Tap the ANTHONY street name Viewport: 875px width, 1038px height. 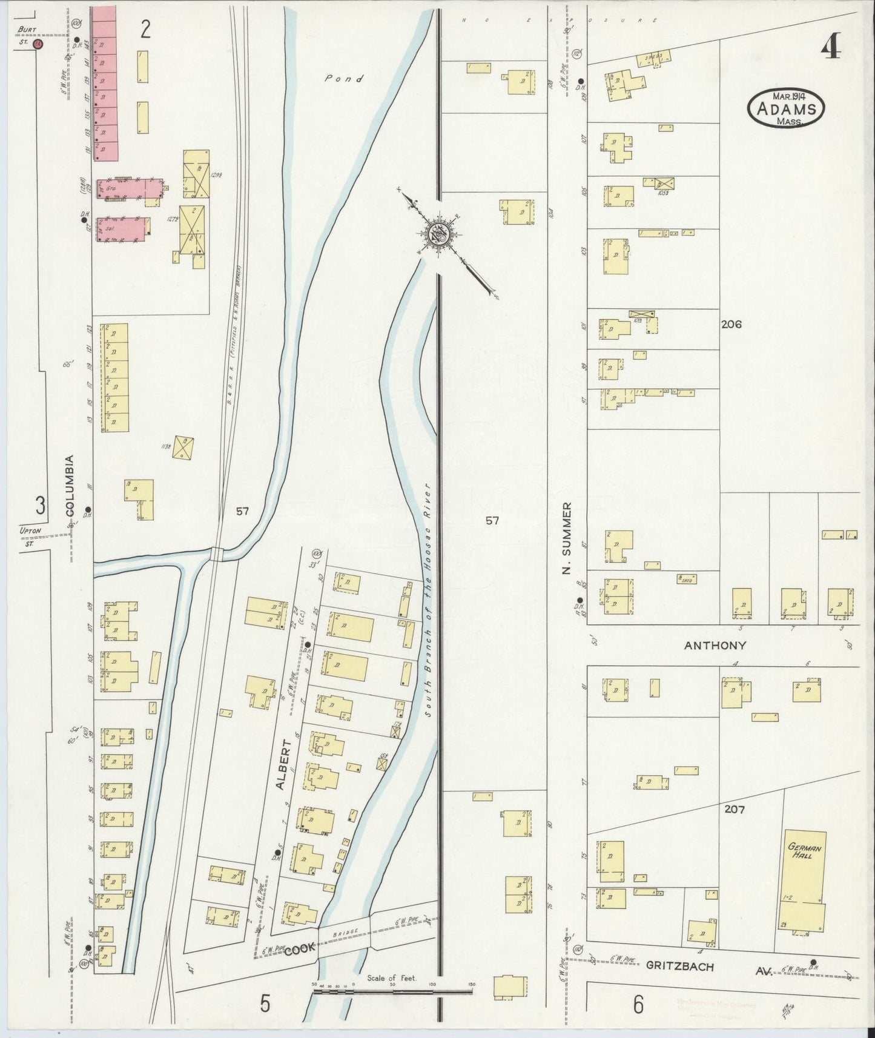click(x=715, y=646)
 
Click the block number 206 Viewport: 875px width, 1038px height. click(x=731, y=325)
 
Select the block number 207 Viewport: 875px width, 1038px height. click(x=733, y=809)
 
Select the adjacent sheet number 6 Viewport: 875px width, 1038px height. click(x=638, y=1005)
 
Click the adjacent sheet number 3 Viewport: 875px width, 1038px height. click(x=40, y=505)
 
